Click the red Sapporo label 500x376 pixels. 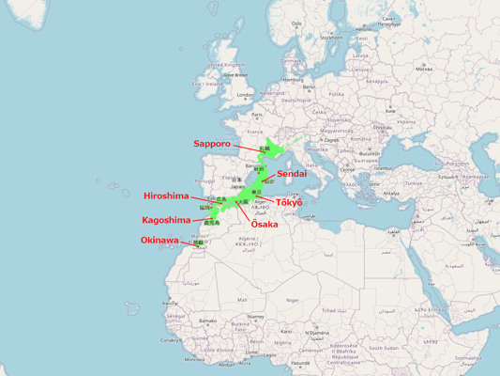[x=212, y=144]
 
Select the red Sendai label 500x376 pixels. [x=291, y=174]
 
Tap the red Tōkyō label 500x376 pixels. [x=289, y=203]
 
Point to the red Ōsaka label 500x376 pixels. [x=265, y=225]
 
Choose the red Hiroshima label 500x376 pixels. [x=166, y=196]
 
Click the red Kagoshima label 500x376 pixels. [x=166, y=220]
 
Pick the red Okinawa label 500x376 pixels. [x=159, y=241]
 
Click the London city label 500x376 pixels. [x=246, y=94]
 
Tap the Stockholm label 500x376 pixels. [x=331, y=38]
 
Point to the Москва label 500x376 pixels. [x=424, y=68]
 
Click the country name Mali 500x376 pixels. [x=242, y=300]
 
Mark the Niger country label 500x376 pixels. [x=293, y=300]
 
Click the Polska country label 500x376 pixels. [x=337, y=94]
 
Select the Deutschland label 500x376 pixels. [x=296, y=100]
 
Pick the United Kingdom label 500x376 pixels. [x=226, y=65]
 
